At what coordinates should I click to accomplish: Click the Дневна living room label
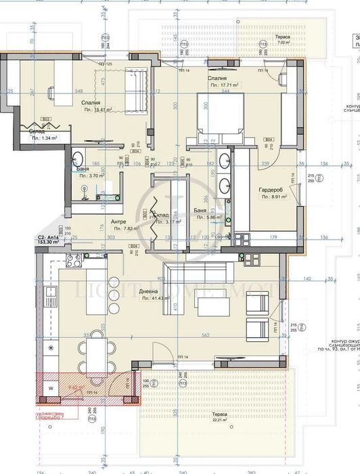click(x=149, y=291)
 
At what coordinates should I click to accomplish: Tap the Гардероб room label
click(x=272, y=190)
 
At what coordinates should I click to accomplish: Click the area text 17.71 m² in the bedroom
click(x=226, y=85)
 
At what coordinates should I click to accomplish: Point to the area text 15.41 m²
click(x=98, y=109)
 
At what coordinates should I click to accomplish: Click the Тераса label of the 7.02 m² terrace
click(x=282, y=35)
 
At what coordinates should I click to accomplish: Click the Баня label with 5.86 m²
click(x=199, y=211)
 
